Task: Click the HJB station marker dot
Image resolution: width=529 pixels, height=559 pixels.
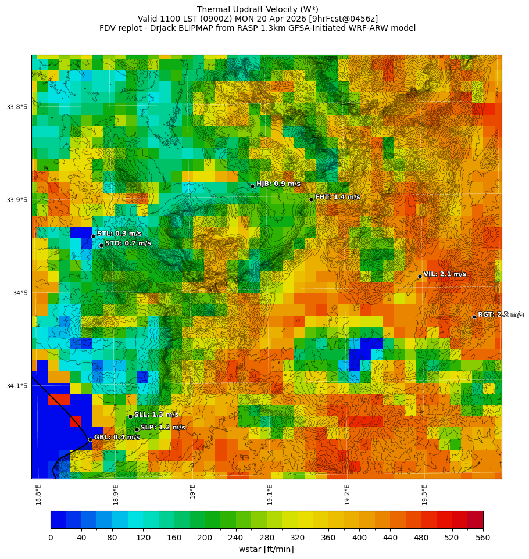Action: [x=252, y=186]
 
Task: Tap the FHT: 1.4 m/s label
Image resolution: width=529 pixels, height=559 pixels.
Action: [x=337, y=197]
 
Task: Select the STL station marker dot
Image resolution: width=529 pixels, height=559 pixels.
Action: [x=93, y=236]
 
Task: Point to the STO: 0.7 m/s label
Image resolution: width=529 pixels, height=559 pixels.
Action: [x=128, y=243]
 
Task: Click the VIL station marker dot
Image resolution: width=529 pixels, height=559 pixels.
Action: [x=420, y=276]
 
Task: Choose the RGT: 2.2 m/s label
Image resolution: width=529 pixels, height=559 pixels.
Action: [x=500, y=314]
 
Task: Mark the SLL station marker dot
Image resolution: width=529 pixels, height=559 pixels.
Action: [x=130, y=417]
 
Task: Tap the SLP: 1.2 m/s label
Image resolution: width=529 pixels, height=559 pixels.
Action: [x=163, y=427]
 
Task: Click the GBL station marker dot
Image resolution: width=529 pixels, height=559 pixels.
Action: [x=90, y=439]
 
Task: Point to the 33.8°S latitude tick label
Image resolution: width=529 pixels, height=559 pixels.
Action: [x=17, y=107]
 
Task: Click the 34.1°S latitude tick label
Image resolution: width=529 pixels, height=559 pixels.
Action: [x=17, y=386]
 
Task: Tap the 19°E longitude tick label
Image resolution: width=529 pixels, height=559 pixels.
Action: [x=193, y=491]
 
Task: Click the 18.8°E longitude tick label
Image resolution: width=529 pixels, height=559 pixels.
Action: [x=39, y=494]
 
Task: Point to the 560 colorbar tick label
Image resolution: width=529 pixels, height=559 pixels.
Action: [x=483, y=538]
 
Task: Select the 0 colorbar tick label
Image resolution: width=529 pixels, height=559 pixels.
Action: [x=51, y=538]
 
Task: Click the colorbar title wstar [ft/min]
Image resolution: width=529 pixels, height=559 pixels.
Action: [x=266, y=549]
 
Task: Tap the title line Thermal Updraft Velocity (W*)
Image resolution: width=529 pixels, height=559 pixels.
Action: [x=258, y=9]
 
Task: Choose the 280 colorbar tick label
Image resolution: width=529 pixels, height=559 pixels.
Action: [x=267, y=538]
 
